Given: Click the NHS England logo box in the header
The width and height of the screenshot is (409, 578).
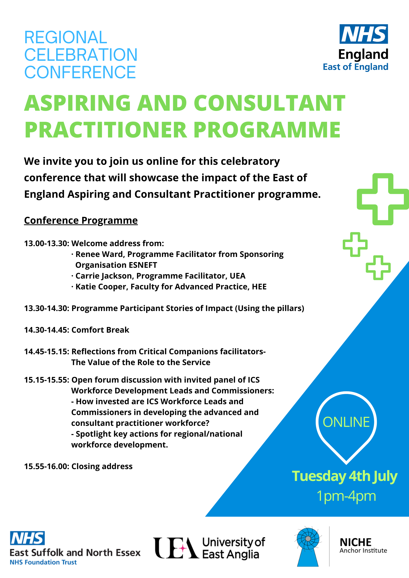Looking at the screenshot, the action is [x=363, y=34].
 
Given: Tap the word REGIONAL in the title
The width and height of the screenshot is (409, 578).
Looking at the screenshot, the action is [x=66, y=37].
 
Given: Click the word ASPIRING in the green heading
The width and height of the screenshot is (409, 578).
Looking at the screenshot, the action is [x=78, y=103].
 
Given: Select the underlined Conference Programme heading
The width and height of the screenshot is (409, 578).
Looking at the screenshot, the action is [x=81, y=220].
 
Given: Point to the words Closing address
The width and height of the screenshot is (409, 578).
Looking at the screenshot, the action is [x=102, y=466].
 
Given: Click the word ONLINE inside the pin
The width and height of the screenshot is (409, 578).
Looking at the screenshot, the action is [x=346, y=422].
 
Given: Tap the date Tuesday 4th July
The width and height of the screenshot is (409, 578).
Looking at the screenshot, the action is [x=345, y=476].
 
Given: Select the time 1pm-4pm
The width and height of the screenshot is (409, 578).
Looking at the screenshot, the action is [x=346, y=496].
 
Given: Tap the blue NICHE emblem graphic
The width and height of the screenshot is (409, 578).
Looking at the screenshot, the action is [x=308, y=546].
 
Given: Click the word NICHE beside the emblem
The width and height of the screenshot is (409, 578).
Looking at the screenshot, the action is [x=356, y=542].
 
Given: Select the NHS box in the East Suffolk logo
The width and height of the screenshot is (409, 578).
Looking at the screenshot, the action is [x=27, y=538].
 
